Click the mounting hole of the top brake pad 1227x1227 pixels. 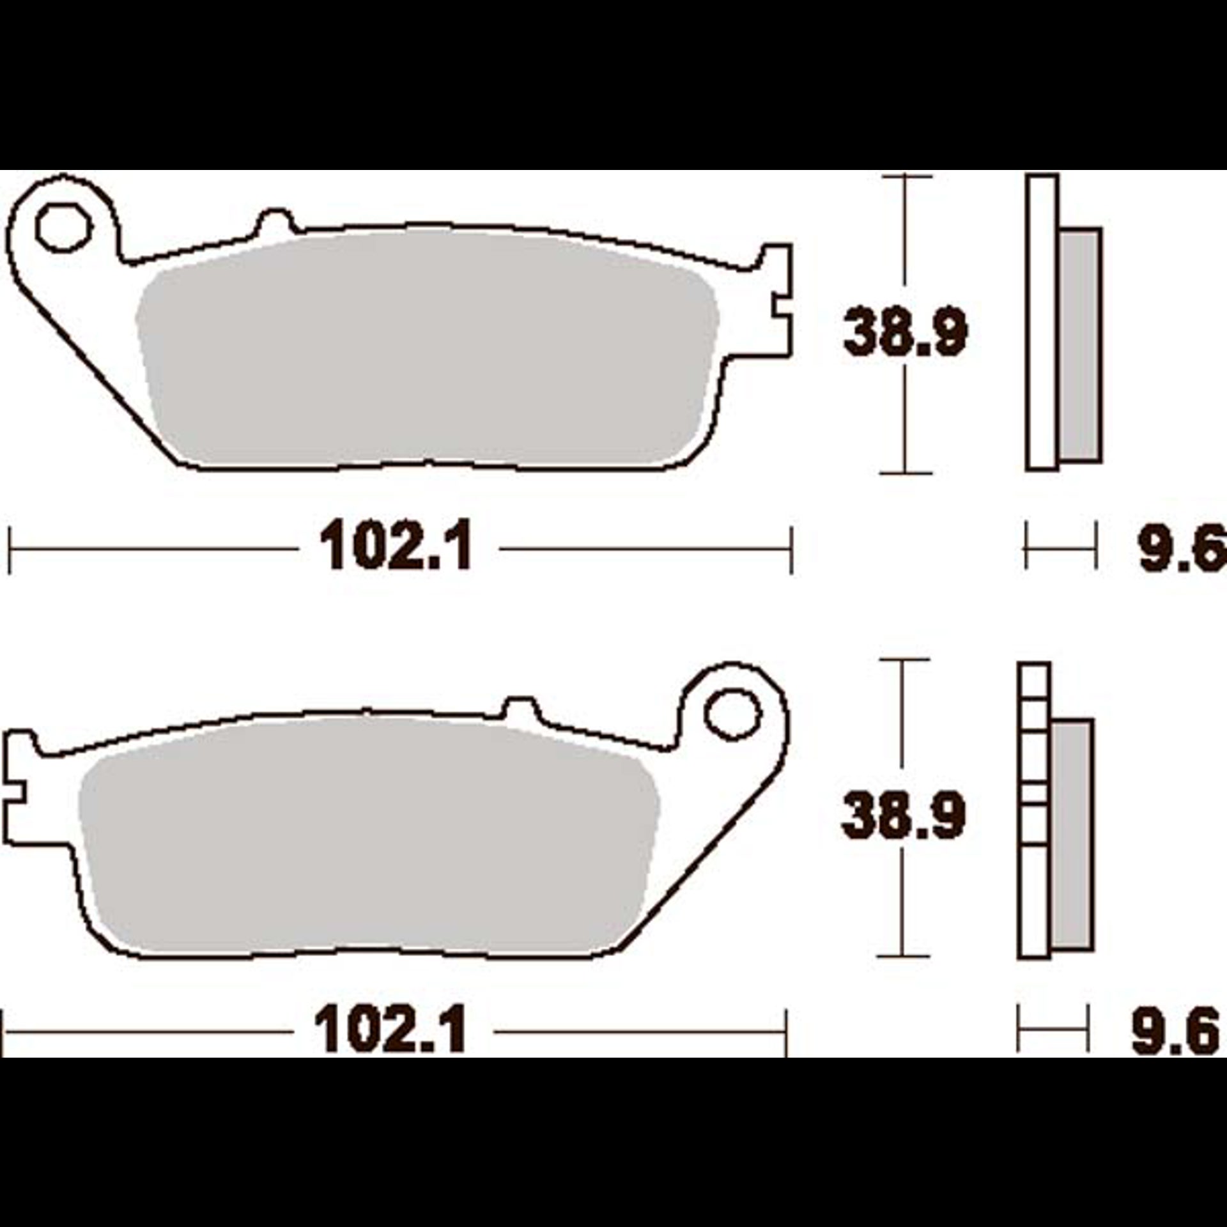[64, 228]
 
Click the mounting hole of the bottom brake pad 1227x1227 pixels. [733, 713]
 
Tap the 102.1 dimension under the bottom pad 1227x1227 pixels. [391, 1030]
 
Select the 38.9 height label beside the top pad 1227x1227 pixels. [906, 331]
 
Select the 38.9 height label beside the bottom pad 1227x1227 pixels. [903, 815]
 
